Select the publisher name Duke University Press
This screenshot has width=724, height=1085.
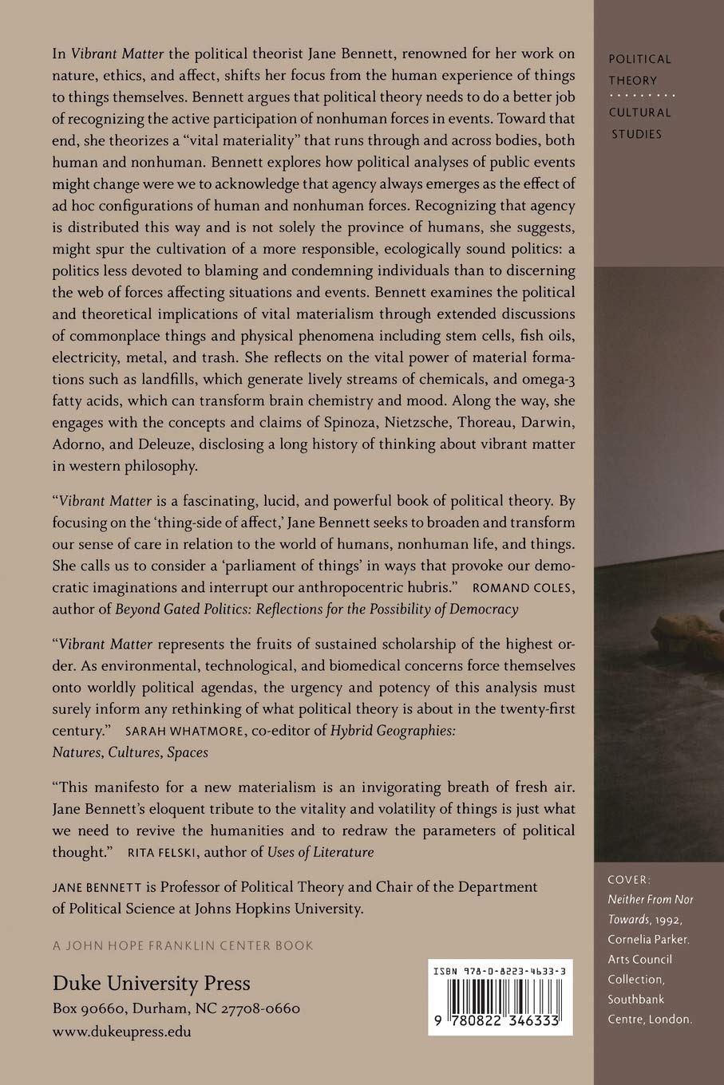click(x=152, y=983)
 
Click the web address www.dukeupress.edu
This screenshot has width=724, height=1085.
click(x=121, y=1031)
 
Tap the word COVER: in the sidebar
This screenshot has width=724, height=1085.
click(x=630, y=879)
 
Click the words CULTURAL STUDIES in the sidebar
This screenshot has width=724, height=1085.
click(x=639, y=123)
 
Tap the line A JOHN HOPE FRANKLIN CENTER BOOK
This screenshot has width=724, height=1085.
click(x=183, y=945)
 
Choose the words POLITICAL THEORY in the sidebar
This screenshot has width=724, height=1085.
click(x=639, y=69)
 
